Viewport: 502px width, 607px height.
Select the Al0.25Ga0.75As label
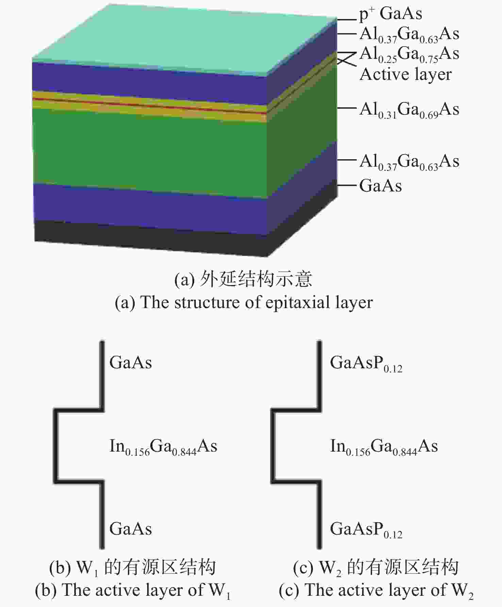click(x=409, y=55)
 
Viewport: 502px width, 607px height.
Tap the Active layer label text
click(x=406, y=74)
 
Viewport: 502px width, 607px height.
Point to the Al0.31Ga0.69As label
click(x=409, y=110)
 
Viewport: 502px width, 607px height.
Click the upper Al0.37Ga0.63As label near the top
click(x=409, y=35)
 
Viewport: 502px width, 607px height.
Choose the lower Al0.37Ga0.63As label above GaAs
click(x=409, y=162)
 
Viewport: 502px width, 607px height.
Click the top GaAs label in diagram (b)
click(x=131, y=362)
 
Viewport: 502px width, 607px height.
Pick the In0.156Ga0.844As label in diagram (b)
click(x=163, y=447)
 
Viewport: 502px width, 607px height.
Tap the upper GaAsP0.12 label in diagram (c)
click(x=366, y=364)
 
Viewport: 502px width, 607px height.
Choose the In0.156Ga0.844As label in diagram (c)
click(x=384, y=447)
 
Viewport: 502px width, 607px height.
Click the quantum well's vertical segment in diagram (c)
click(x=273, y=446)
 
